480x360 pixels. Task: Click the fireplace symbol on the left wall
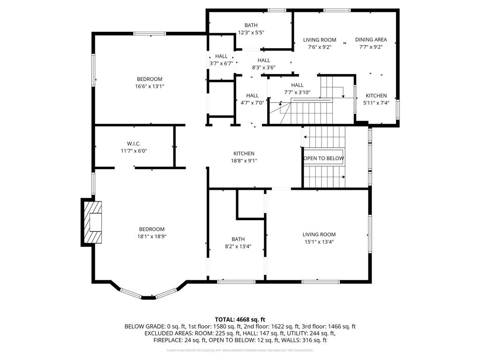pyautogui.click(x=93, y=222)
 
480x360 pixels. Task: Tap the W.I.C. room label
pyautogui.click(x=134, y=143)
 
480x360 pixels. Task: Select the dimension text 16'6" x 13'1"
pyautogui.click(x=150, y=86)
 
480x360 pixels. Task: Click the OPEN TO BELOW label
pyautogui.click(x=323, y=158)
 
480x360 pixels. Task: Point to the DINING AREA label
pyautogui.click(x=371, y=40)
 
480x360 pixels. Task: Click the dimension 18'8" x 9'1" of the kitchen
pyautogui.click(x=244, y=161)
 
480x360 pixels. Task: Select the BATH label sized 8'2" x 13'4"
pyautogui.click(x=238, y=239)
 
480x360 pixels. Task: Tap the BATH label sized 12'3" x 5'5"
pyautogui.click(x=251, y=25)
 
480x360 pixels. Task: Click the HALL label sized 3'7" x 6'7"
pyautogui.click(x=221, y=56)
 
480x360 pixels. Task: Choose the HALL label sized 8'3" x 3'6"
pyautogui.click(x=263, y=60)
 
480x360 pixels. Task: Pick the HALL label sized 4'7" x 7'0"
pyautogui.click(x=252, y=96)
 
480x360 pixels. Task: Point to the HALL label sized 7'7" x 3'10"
pyautogui.click(x=297, y=85)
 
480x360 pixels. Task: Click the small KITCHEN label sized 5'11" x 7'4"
pyautogui.click(x=376, y=96)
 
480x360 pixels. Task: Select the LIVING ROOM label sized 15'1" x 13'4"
pyautogui.click(x=319, y=234)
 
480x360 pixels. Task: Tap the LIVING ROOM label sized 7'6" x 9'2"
pyautogui.click(x=320, y=40)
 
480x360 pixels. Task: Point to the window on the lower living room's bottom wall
pyautogui.click(x=320, y=282)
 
